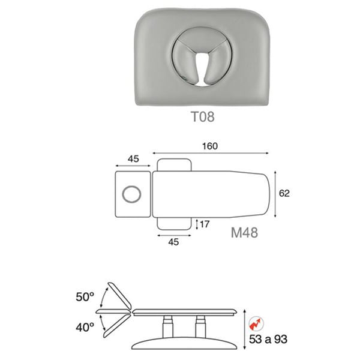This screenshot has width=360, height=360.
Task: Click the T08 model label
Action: (x=203, y=116)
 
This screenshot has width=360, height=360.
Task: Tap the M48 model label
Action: (x=244, y=233)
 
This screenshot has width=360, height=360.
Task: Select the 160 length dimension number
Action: (x=210, y=146)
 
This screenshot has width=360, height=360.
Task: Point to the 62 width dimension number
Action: (x=284, y=193)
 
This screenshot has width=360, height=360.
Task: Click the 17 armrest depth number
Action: (x=205, y=224)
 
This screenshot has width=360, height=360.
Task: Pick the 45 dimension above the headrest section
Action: (x=133, y=159)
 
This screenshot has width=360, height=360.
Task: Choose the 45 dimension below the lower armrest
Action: (x=173, y=242)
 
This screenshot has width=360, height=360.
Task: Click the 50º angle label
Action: (x=85, y=297)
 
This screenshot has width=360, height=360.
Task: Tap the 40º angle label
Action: (x=85, y=327)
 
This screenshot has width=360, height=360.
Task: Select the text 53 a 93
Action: (x=268, y=339)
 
